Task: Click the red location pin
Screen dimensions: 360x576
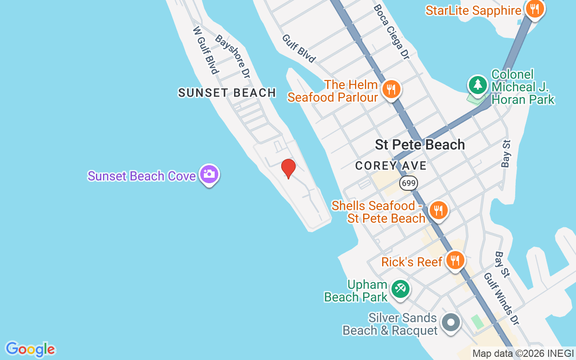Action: (288, 168)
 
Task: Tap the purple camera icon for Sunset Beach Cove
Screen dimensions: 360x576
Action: (209, 174)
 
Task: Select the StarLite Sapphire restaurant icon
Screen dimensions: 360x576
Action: (535, 9)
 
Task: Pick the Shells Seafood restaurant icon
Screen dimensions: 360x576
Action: (438, 210)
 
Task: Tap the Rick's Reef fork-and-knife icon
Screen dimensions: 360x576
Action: (455, 260)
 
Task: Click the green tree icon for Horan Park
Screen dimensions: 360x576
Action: (477, 85)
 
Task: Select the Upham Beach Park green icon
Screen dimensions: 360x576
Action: (400, 288)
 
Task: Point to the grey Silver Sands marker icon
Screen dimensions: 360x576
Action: (451, 323)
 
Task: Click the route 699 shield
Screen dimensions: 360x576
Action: (409, 183)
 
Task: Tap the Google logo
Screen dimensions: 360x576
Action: (30, 349)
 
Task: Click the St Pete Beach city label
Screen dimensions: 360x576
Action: (420, 145)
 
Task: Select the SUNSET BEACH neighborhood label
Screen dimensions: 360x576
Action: (227, 93)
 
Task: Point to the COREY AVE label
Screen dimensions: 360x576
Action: (391, 166)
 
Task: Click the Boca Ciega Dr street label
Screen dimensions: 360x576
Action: (391, 31)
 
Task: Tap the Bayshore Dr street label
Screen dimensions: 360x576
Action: (232, 56)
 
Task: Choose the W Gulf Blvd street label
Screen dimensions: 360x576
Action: (206, 50)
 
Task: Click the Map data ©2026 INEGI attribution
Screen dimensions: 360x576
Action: (523, 354)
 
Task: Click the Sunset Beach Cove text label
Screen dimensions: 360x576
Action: (142, 176)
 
